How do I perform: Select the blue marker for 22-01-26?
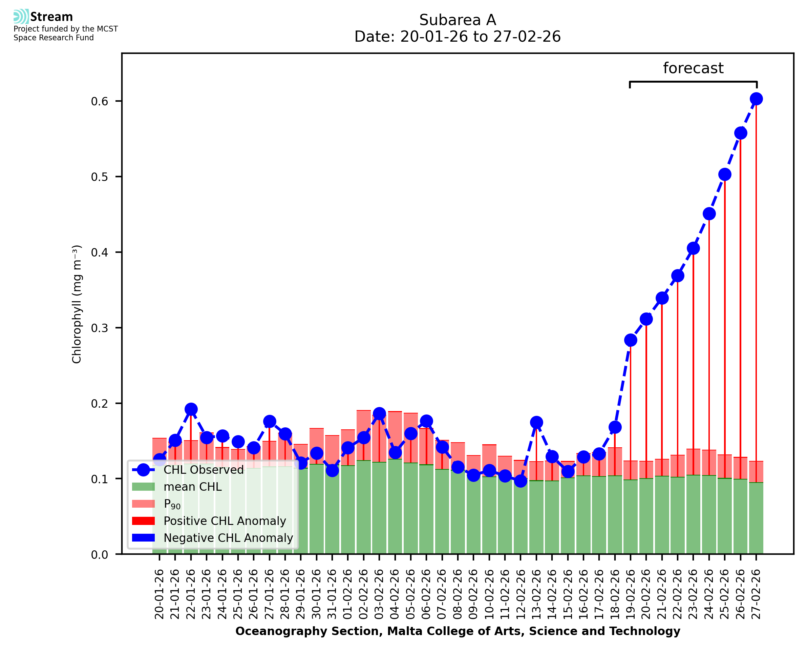point(191,409)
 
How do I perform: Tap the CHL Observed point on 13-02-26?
point(536,423)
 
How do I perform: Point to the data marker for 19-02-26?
point(630,340)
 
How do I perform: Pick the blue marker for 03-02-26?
point(379,414)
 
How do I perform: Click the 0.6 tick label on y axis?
point(99,101)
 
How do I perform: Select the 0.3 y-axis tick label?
point(99,328)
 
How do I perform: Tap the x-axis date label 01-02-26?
point(348,594)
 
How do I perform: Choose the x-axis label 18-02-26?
point(614,594)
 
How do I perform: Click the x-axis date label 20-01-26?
point(159,594)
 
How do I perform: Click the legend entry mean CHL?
point(193,487)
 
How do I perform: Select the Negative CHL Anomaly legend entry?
point(228,538)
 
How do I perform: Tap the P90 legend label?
point(172,504)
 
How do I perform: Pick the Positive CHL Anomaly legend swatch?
point(143,521)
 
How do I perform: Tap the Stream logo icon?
point(21,17)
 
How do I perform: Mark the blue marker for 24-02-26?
point(709,214)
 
